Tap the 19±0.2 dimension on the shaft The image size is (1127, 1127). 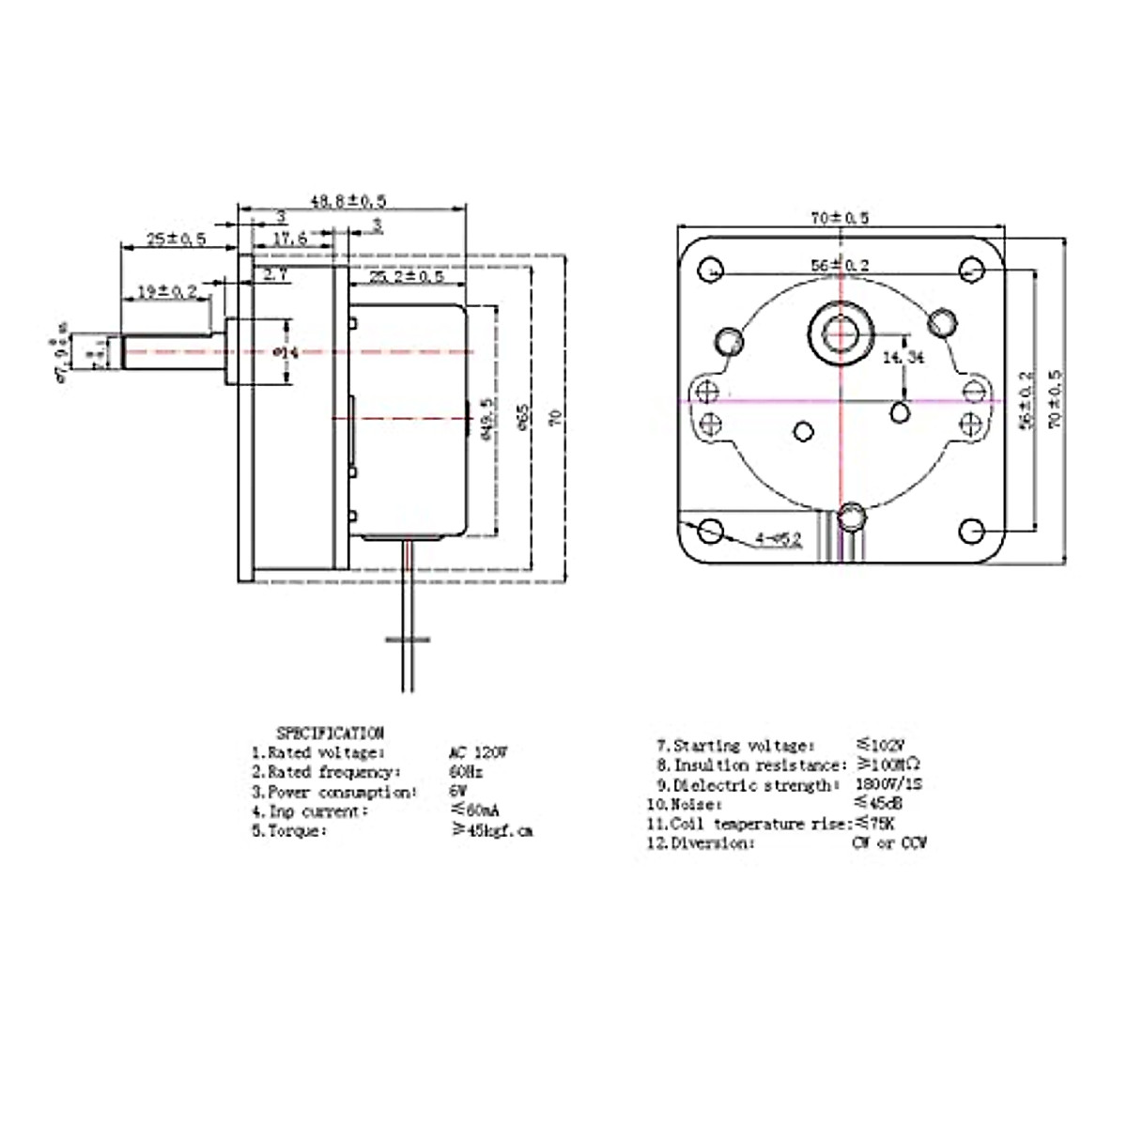click(x=166, y=292)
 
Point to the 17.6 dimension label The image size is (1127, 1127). click(x=289, y=239)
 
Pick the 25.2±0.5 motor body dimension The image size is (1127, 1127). click(x=406, y=277)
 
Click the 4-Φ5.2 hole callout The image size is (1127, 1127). click(x=778, y=539)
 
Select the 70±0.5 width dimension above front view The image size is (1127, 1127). click(x=840, y=218)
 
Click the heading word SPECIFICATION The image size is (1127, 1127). click(x=330, y=733)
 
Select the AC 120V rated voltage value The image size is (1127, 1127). click(x=479, y=752)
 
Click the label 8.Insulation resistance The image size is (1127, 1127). click(x=752, y=764)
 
